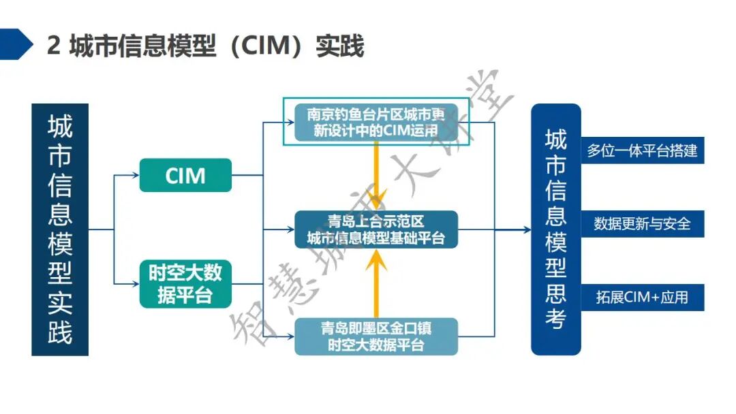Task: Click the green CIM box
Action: [x=185, y=175]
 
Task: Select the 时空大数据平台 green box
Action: [x=185, y=283]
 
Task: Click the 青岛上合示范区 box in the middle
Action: [x=375, y=229]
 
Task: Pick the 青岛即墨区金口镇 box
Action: [x=375, y=336]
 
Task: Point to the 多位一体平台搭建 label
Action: [x=642, y=150]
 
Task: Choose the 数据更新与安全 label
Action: [x=642, y=223]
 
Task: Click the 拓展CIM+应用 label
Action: [x=642, y=297]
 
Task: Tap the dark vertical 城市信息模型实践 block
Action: [x=60, y=229]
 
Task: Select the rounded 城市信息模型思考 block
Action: [x=555, y=229]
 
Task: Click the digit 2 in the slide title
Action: [x=54, y=46]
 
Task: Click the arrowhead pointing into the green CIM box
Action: [x=135, y=175]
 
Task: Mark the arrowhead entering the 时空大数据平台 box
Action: [x=135, y=283]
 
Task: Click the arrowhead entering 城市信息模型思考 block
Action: [x=526, y=230]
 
